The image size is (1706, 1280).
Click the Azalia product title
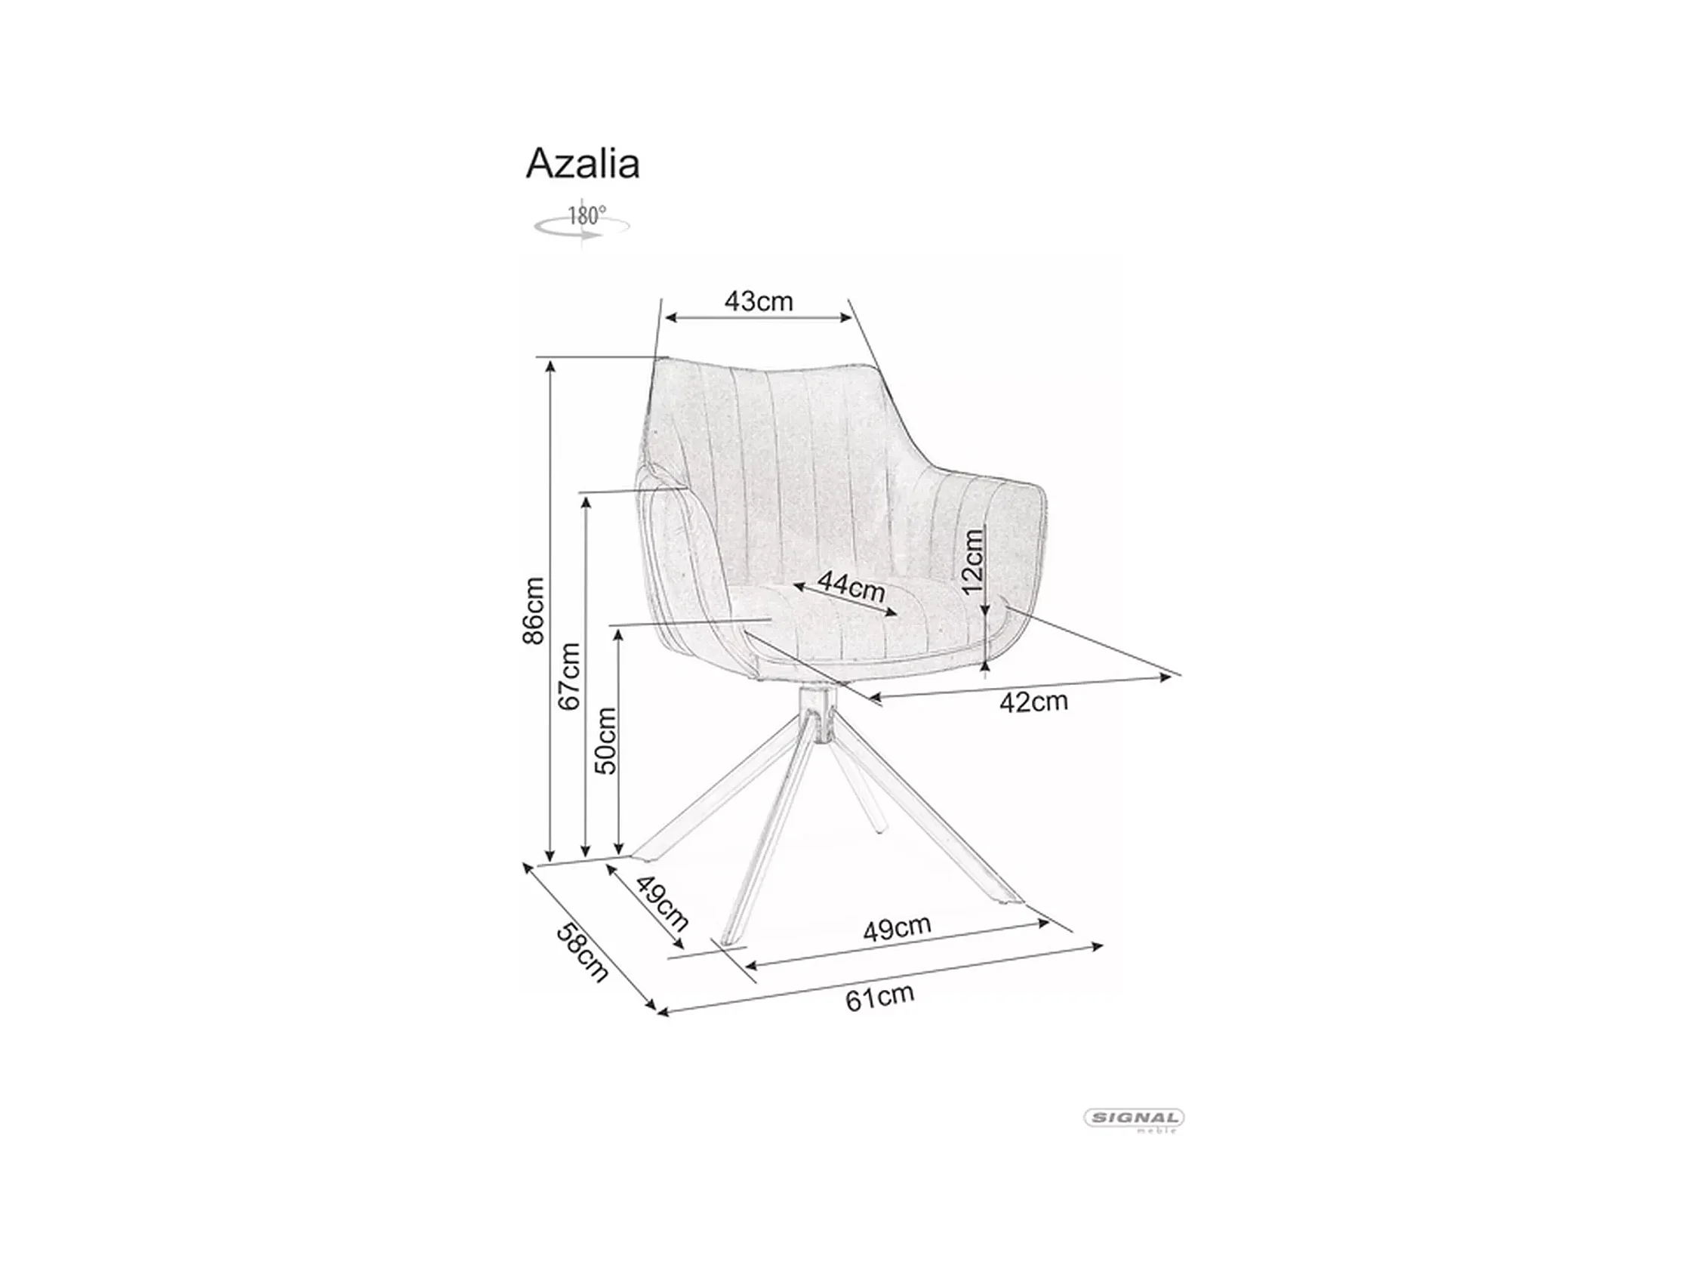[x=582, y=164]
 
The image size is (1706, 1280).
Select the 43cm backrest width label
[x=758, y=301]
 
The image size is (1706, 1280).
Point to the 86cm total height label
[x=533, y=610]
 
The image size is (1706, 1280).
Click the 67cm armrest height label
[x=569, y=677]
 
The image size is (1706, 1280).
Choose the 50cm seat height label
[x=605, y=741]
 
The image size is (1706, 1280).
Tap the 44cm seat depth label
[x=851, y=586]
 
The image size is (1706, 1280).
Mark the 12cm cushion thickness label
[x=973, y=561]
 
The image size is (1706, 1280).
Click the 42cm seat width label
[x=1033, y=702]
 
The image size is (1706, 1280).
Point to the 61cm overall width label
[x=879, y=998]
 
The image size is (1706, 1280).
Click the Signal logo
[x=1134, y=1118]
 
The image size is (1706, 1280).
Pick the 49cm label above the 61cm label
[x=896, y=927]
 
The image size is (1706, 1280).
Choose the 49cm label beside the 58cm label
[x=662, y=903]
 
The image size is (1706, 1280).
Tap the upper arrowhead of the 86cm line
[x=550, y=366]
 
